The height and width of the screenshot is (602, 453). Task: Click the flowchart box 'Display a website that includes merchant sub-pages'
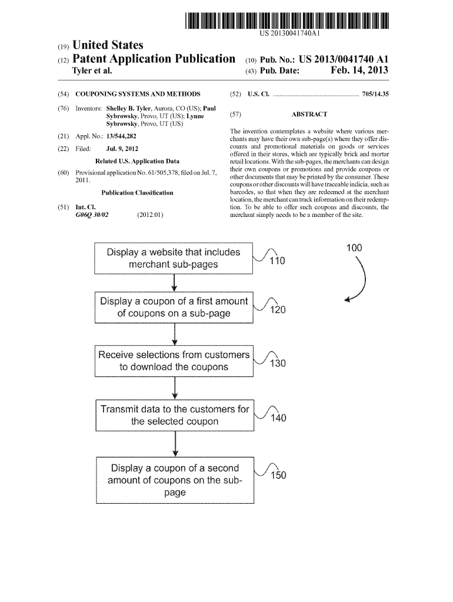(174, 258)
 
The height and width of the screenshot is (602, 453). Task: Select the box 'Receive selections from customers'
(174, 361)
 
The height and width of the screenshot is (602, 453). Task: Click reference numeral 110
(276, 261)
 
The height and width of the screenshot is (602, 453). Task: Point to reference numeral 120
(277, 309)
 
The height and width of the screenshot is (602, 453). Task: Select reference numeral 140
(277, 418)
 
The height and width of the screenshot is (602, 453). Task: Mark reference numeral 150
(278, 476)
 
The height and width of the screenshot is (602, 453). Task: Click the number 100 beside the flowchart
(354, 248)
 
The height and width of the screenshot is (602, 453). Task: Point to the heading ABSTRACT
(309, 115)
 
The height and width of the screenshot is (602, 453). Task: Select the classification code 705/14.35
(380, 93)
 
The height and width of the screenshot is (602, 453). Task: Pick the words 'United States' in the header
(108, 45)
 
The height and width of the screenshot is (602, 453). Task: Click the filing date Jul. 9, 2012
(122, 149)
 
